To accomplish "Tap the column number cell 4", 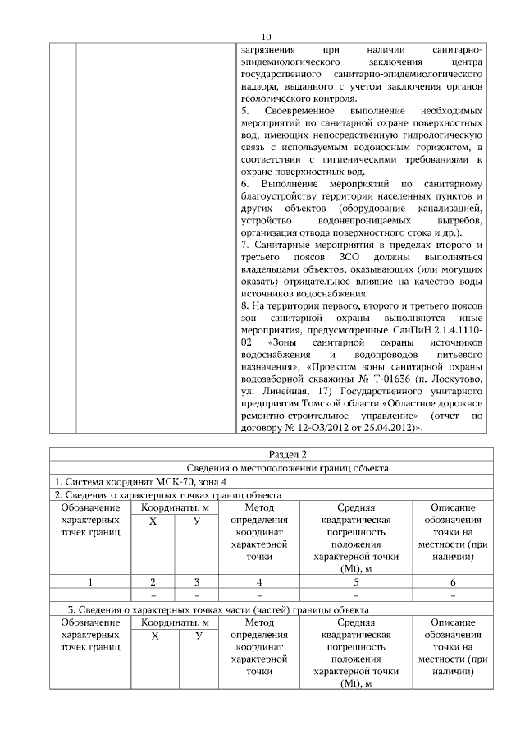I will (258, 582).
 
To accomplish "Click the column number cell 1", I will (90, 582).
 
